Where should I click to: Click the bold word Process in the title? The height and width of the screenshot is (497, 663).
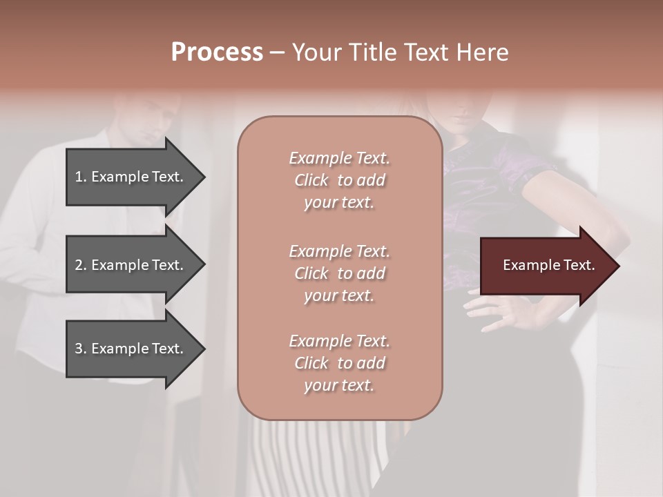pos(217,52)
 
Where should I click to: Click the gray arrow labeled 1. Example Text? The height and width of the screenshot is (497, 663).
pos(131,177)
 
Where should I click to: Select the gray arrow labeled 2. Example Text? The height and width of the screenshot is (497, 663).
pos(131,265)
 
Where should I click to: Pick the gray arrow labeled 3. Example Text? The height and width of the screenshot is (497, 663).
pos(131,349)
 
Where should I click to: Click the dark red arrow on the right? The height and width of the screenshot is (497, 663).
pos(546,266)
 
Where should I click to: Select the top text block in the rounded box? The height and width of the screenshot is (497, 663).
pos(339,180)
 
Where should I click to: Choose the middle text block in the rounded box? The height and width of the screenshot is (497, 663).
pos(339,273)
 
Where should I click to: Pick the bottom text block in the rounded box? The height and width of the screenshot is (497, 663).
pos(339,363)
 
